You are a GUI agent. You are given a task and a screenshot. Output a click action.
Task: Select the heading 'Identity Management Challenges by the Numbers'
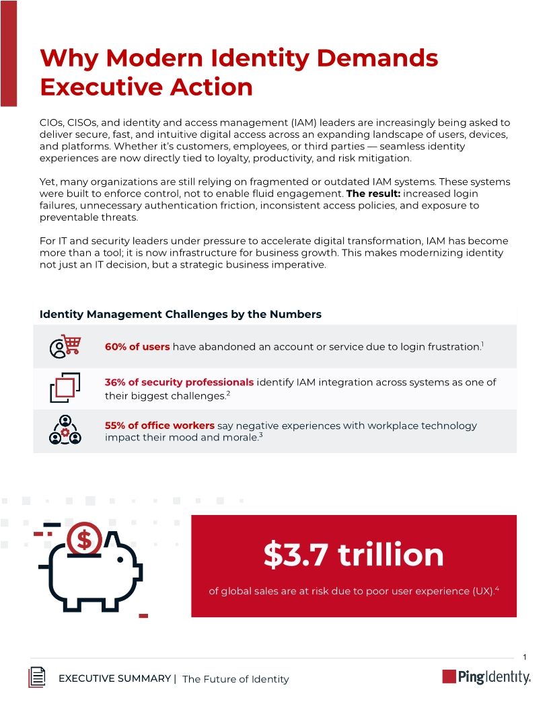pyautogui.click(x=180, y=314)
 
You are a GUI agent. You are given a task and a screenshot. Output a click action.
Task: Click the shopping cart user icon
pyautogui.click(x=65, y=346)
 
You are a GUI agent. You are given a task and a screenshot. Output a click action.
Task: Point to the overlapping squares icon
pyautogui.click(x=65, y=387)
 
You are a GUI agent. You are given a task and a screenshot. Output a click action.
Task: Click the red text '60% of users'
pyautogui.click(x=137, y=346)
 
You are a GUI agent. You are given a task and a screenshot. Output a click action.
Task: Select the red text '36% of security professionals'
pyautogui.click(x=179, y=382)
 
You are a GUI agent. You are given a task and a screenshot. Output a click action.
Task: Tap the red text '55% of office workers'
pyautogui.click(x=159, y=425)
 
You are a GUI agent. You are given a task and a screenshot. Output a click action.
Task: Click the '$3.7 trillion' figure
pyautogui.click(x=353, y=555)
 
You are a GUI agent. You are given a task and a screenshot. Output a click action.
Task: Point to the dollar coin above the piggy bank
pyautogui.click(x=85, y=539)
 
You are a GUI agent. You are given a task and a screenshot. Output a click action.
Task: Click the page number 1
pyautogui.click(x=523, y=656)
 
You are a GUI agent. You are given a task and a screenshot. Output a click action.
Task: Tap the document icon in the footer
pyautogui.click(x=37, y=677)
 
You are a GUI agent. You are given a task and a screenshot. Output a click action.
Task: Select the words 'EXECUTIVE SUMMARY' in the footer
pyautogui.click(x=114, y=678)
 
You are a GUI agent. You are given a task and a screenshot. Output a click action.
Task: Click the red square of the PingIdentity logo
pyautogui.click(x=449, y=676)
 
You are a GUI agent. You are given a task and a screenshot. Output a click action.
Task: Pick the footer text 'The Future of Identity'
pyautogui.click(x=235, y=679)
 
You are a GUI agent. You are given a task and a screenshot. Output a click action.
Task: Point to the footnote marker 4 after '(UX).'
pyautogui.click(x=497, y=589)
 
